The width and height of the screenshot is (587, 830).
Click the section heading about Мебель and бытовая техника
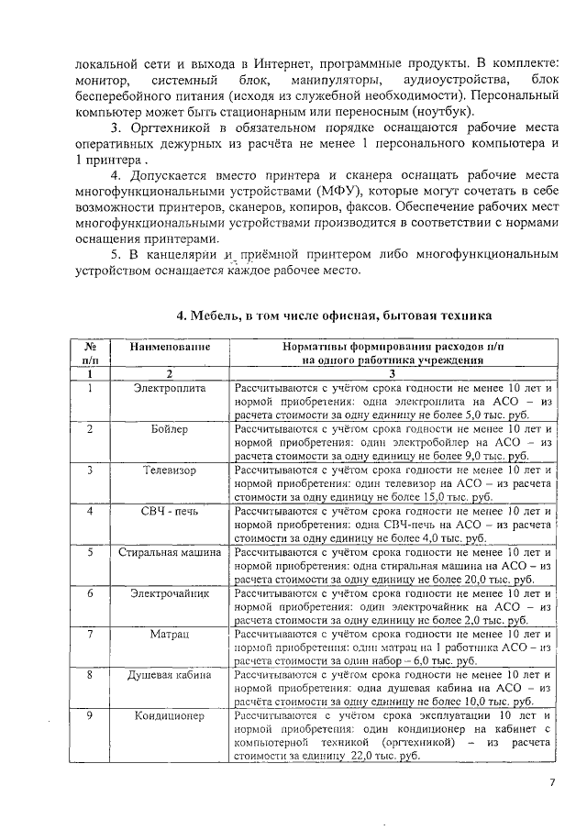click(x=334, y=315)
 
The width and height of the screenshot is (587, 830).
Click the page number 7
click(x=552, y=782)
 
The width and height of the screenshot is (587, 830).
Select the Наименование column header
click(x=170, y=348)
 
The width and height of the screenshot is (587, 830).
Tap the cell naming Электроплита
click(x=170, y=389)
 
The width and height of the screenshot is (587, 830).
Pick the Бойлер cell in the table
click(x=170, y=429)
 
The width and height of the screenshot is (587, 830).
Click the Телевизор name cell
click(x=170, y=470)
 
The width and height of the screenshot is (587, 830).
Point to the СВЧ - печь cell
click(x=170, y=511)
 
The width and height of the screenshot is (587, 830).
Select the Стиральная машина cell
click(x=170, y=552)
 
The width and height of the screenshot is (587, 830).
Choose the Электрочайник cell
click(x=170, y=593)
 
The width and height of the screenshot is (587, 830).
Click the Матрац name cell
click(x=170, y=634)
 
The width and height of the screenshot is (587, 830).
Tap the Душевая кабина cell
click(x=170, y=675)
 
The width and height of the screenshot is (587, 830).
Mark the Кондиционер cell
click(x=170, y=716)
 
